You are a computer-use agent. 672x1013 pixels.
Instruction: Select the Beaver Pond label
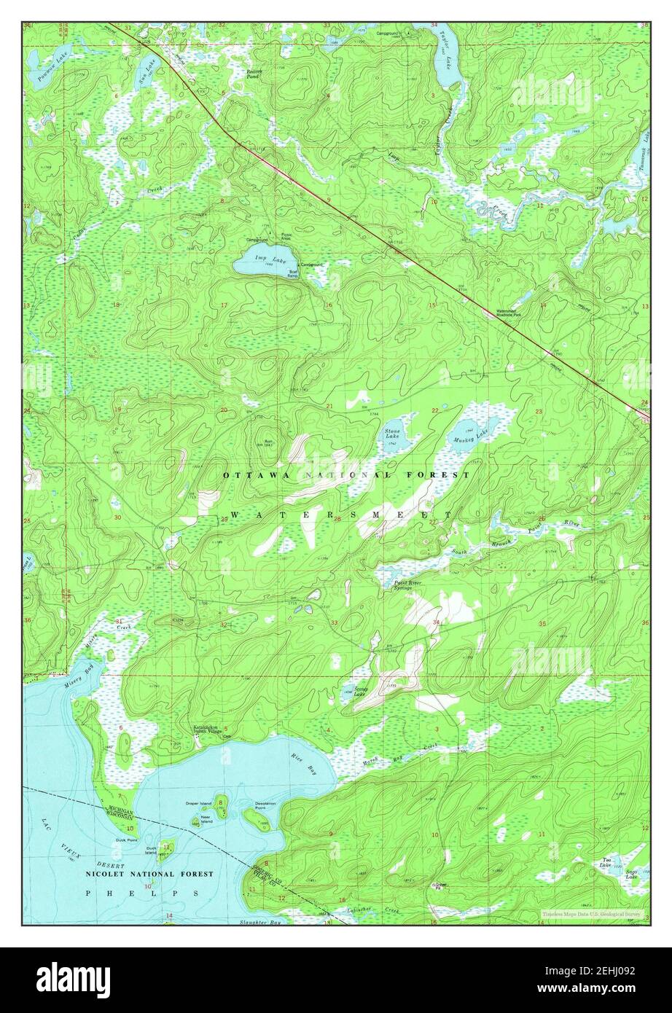tap(254, 74)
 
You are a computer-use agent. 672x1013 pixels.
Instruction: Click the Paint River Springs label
tap(403, 584)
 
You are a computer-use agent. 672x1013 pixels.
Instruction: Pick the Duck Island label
tap(152, 850)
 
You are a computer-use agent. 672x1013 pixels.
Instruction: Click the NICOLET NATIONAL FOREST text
tap(149, 873)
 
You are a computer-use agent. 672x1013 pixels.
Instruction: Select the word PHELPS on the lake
tap(141, 893)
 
